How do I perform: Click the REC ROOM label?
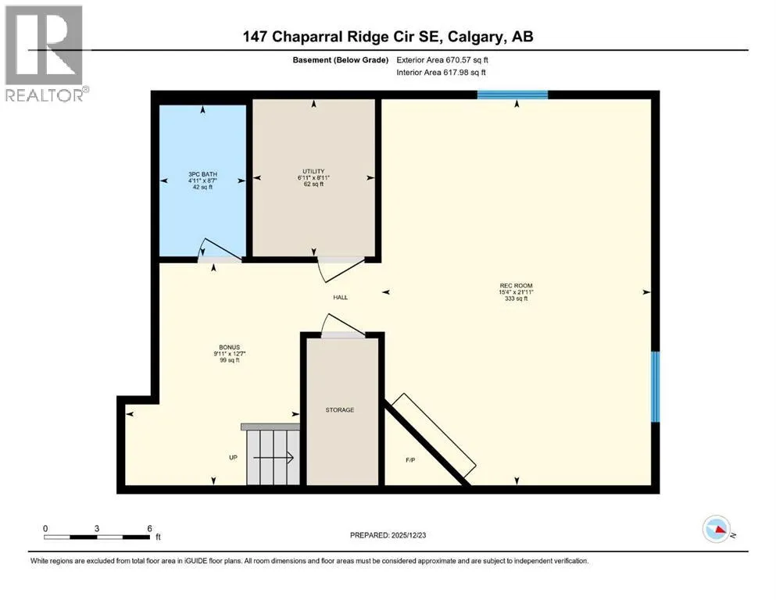pyautogui.click(x=516, y=285)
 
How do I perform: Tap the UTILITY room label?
pyautogui.click(x=313, y=171)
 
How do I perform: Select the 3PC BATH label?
pyautogui.click(x=202, y=174)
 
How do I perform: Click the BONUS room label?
pyautogui.click(x=229, y=347)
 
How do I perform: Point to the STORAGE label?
pyautogui.click(x=339, y=409)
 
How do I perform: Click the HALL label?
pyautogui.click(x=341, y=298)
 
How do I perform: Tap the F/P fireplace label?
pyautogui.click(x=410, y=460)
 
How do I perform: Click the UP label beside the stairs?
pyautogui.click(x=233, y=458)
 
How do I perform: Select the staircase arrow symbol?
pyautogui.click(x=274, y=458)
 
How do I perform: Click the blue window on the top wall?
pyautogui.click(x=512, y=95)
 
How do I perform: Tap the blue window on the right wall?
pyautogui.click(x=655, y=387)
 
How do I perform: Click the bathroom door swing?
pyautogui.click(x=220, y=250)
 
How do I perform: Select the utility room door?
pyautogui.click(x=341, y=270)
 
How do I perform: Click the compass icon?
pyautogui.click(x=717, y=529)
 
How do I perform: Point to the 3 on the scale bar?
pyautogui.click(x=97, y=528)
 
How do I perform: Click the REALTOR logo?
pyautogui.click(x=45, y=53)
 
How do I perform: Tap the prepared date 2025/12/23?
pyautogui.click(x=408, y=535)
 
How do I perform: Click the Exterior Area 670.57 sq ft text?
pyautogui.click(x=442, y=60)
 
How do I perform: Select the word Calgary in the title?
pyautogui.click(x=476, y=37)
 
